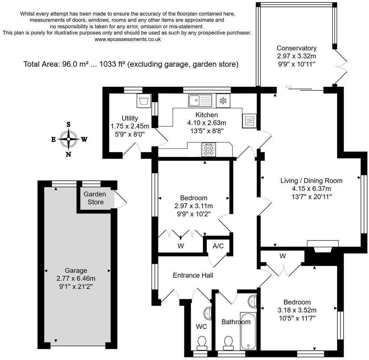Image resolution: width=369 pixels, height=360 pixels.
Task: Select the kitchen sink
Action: [200, 100]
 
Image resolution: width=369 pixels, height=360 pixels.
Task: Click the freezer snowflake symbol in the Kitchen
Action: [223, 101]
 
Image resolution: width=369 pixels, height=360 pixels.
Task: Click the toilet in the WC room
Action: [202, 341]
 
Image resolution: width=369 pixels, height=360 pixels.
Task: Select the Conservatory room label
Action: [296, 48]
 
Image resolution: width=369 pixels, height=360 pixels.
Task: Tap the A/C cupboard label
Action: [218, 246]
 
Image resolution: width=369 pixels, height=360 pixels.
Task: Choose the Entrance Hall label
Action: [193, 275]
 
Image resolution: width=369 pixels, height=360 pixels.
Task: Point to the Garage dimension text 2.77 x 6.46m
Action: [76, 278]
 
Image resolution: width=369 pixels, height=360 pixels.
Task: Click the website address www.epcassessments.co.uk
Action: [128, 39]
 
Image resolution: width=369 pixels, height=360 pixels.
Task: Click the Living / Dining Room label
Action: [311, 180]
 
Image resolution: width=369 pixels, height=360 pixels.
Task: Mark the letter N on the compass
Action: [68, 154]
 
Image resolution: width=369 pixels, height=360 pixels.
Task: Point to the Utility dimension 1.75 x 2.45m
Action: [130, 126]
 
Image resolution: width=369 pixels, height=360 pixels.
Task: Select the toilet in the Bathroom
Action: [228, 341]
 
